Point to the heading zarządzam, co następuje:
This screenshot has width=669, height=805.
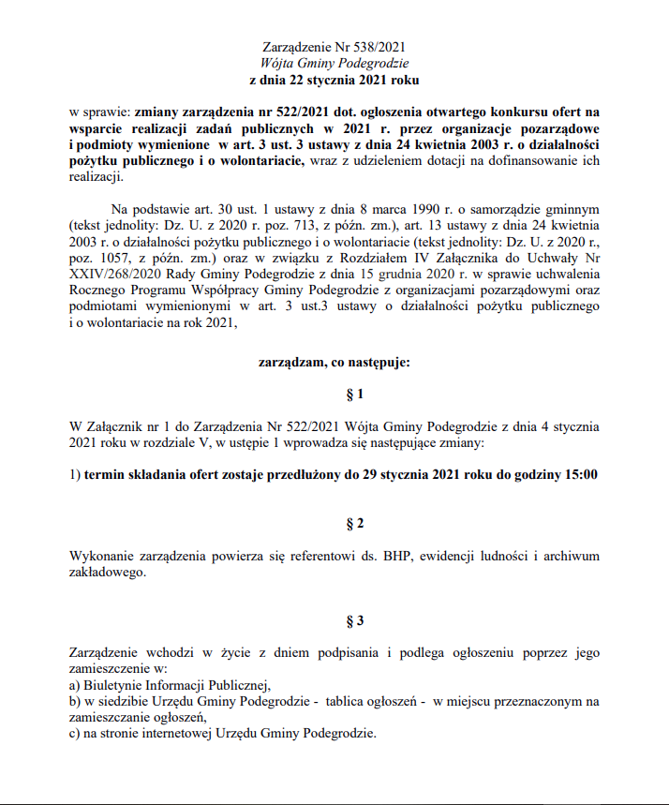(x=334, y=362)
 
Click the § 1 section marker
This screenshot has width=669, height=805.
(x=334, y=395)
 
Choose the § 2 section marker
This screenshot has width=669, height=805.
(x=334, y=522)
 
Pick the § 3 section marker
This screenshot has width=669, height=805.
(x=334, y=620)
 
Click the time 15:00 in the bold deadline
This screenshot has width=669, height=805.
(x=578, y=475)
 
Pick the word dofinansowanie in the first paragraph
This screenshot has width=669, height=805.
(x=522, y=162)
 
